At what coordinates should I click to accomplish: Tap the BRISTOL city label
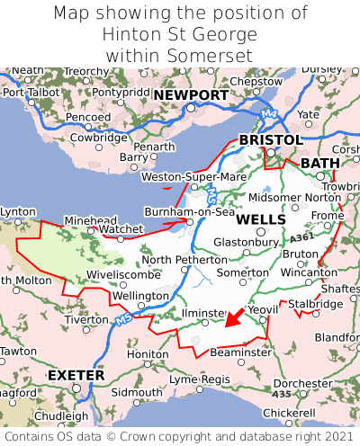coord(270,140)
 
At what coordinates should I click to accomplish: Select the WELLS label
coord(261,219)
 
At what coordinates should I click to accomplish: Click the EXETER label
coord(76,374)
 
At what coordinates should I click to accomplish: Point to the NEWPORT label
coord(190,95)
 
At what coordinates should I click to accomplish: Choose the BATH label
coord(320,163)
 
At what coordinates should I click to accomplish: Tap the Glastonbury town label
coord(245,242)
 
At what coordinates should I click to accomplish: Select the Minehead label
coord(90,219)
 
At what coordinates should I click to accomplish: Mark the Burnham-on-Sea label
coord(190,212)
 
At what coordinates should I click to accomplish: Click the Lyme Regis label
coord(200,379)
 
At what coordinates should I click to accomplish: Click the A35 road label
coord(281,393)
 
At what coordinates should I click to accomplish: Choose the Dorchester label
coord(302,383)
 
